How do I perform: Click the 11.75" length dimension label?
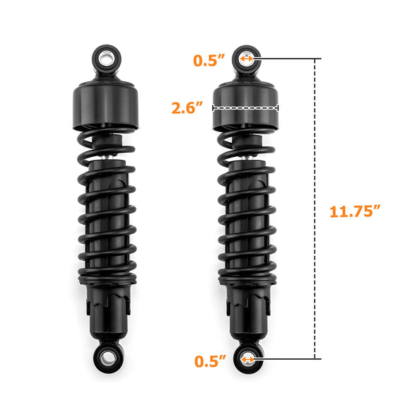(355, 211)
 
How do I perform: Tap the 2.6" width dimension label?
(187, 108)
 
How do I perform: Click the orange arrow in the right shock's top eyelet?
(246, 59)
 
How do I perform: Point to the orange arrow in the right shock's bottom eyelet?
(248, 360)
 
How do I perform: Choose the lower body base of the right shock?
(247, 311)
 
